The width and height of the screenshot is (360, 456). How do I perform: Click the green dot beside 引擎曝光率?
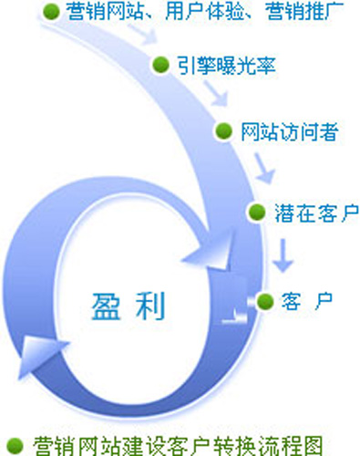click(160, 65)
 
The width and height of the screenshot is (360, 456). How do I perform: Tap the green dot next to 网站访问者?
click(224, 131)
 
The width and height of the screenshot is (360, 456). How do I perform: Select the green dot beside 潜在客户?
click(257, 212)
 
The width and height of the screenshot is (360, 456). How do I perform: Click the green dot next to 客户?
click(265, 302)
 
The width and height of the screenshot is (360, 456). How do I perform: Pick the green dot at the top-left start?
click(51, 12)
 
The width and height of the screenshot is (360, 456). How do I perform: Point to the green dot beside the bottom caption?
click(15, 446)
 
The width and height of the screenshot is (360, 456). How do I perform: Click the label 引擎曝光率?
click(227, 65)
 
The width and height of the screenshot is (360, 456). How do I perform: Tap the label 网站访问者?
click(290, 131)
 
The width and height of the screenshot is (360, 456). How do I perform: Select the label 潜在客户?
click(317, 212)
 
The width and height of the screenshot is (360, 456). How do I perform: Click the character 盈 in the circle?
click(106, 306)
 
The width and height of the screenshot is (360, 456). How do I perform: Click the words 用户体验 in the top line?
click(205, 12)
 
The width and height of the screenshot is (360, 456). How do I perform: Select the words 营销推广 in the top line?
click(304, 12)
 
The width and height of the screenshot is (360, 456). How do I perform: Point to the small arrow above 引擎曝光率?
click(142, 34)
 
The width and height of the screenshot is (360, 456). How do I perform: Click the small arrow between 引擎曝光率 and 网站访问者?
click(215, 93)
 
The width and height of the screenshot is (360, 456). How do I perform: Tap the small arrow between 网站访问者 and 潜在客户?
click(264, 168)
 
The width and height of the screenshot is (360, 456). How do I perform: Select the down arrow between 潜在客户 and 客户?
click(283, 255)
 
